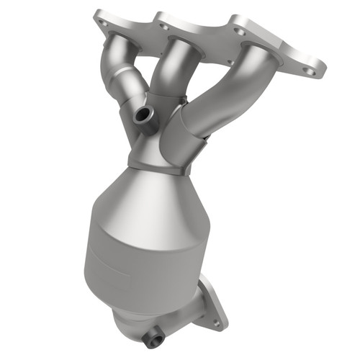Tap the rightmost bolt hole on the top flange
(x=309, y=71)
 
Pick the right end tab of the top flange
(x=306, y=68)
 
